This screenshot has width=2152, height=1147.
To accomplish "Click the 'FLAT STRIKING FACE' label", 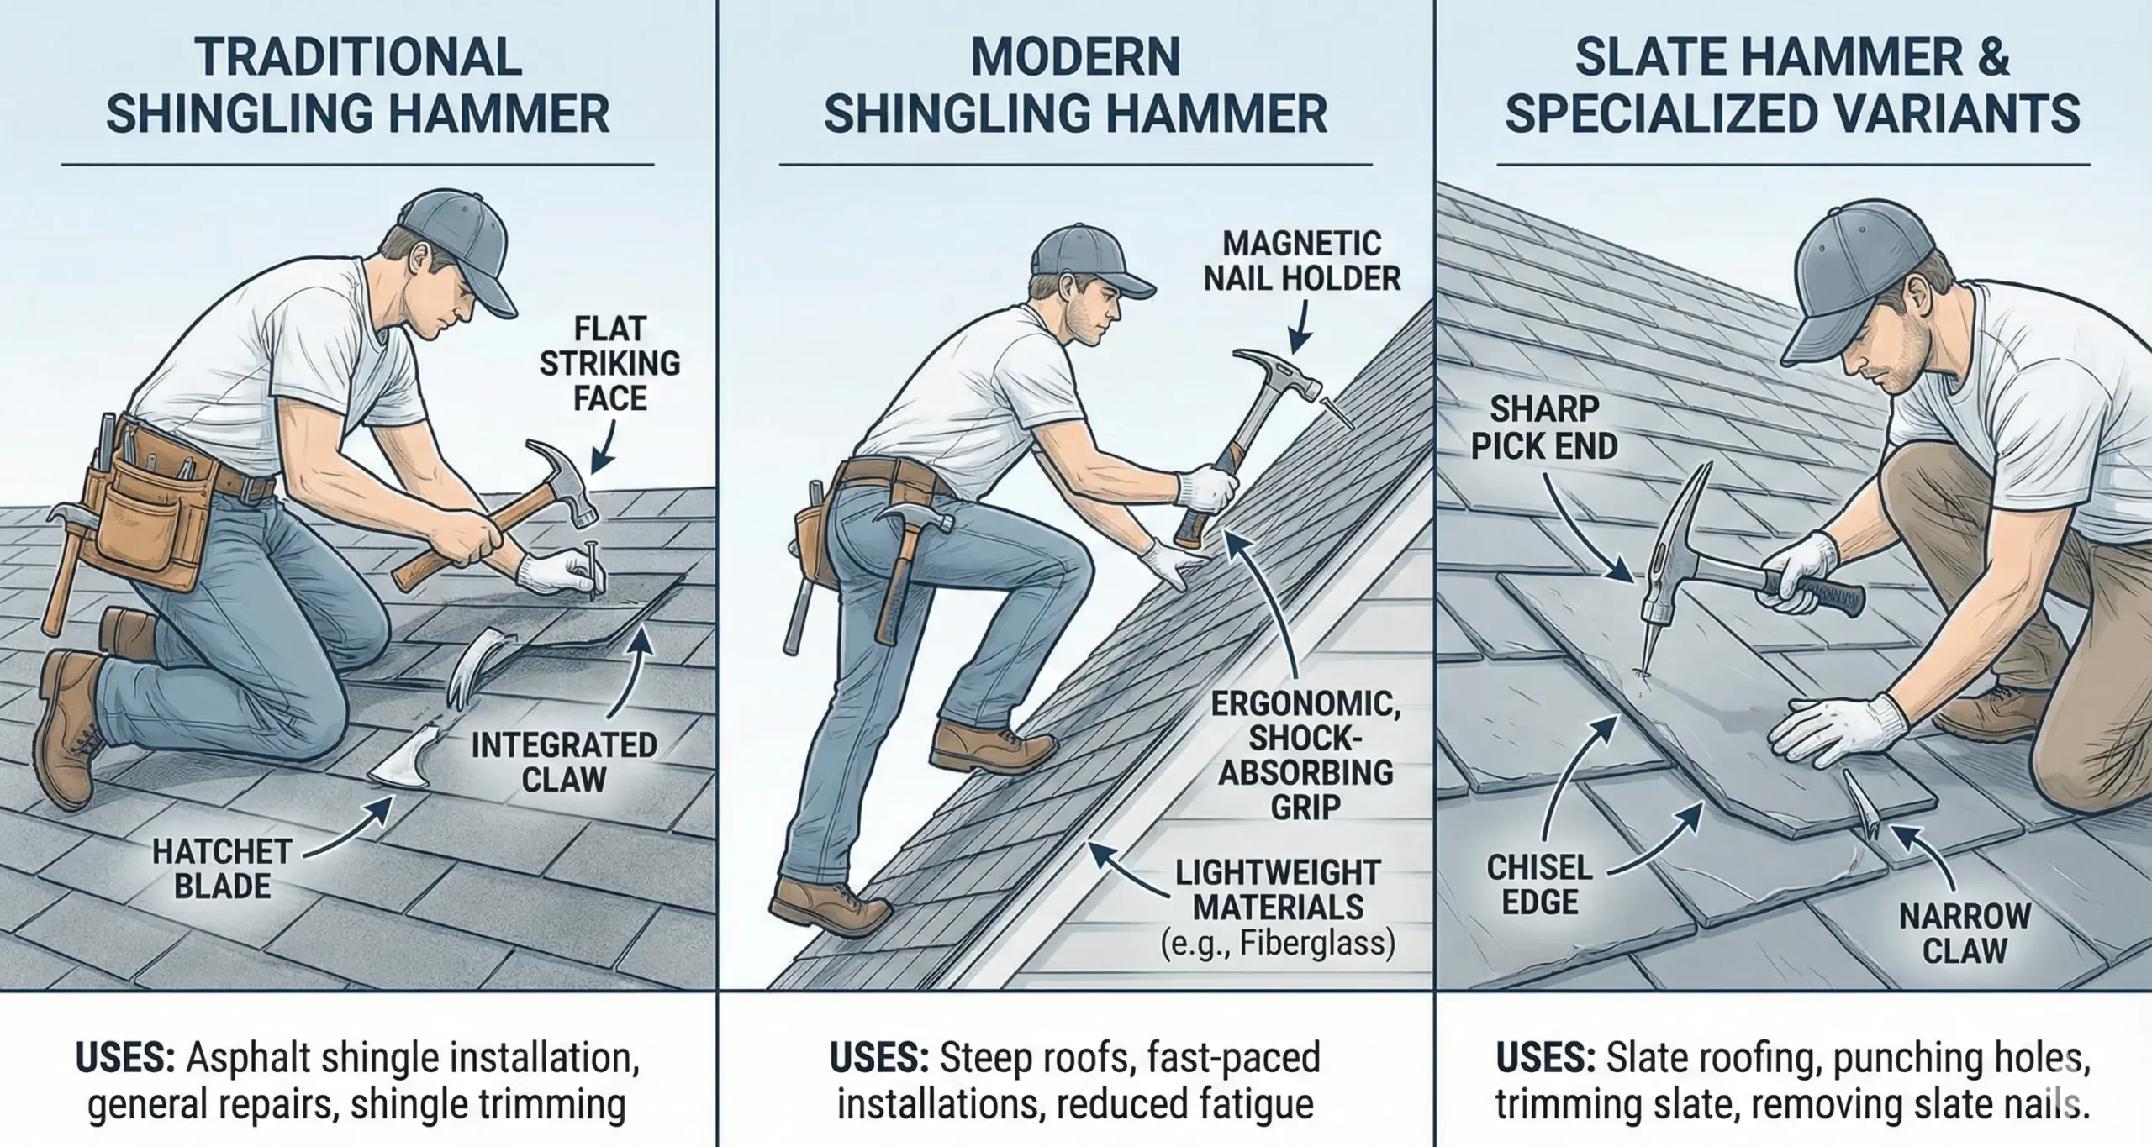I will tap(609, 363).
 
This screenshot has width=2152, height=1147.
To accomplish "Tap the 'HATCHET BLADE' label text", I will tap(222, 869).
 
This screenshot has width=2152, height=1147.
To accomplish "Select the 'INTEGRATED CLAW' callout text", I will tap(563, 762).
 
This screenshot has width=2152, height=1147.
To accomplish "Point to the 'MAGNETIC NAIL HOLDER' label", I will tap(1301, 260).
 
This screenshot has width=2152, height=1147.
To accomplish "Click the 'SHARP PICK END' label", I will tap(1544, 428).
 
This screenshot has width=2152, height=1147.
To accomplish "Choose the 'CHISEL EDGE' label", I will tap(1539, 885).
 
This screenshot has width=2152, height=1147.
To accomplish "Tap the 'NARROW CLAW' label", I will tap(1965, 934).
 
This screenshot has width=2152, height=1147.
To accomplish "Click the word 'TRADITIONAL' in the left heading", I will tap(357, 58).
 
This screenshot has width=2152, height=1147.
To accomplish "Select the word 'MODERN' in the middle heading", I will tap(1075, 58).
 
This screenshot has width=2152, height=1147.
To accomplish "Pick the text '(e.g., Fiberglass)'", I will tap(1278, 943).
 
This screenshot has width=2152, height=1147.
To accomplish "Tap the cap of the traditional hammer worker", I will tap(454, 235).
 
